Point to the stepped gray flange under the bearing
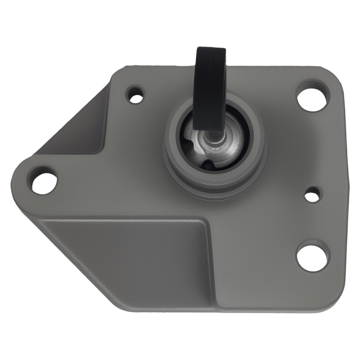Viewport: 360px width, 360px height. tap(216, 187)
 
